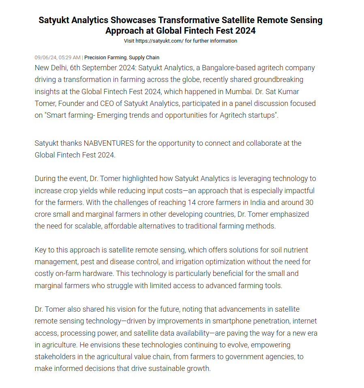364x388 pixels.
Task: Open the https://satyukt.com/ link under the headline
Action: (159, 41)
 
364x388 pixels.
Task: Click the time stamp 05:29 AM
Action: (70, 58)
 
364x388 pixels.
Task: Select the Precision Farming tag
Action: (105, 58)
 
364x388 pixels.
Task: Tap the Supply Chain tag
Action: (144, 58)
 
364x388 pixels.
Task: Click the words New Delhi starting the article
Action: (49, 68)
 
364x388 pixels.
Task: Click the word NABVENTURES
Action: (109, 143)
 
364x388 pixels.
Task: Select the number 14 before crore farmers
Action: (191, 202)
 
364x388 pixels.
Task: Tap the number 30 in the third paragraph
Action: (309, 202)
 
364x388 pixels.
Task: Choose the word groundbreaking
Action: (276, 80)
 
